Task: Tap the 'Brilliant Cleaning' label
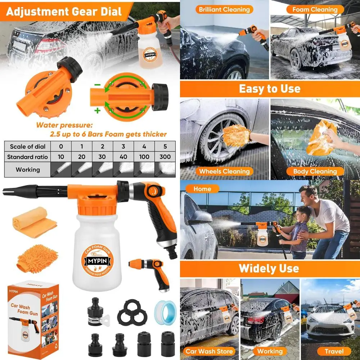(x=224, y=10)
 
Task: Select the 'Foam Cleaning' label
(x=315, y=10)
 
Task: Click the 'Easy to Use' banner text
(x=270, y=89)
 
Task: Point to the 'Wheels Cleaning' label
(x=224, y=171)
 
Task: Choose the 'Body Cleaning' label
(x=315, y=171)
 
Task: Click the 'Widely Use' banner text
(x=270, y=268)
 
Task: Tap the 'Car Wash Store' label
(x=209, y=351)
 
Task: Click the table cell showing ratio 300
(x=165, y=157)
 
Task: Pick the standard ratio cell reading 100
(x=144, y=157)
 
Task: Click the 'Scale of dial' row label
(x=27, y=146)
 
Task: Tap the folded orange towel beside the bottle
(x=34, y=221)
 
